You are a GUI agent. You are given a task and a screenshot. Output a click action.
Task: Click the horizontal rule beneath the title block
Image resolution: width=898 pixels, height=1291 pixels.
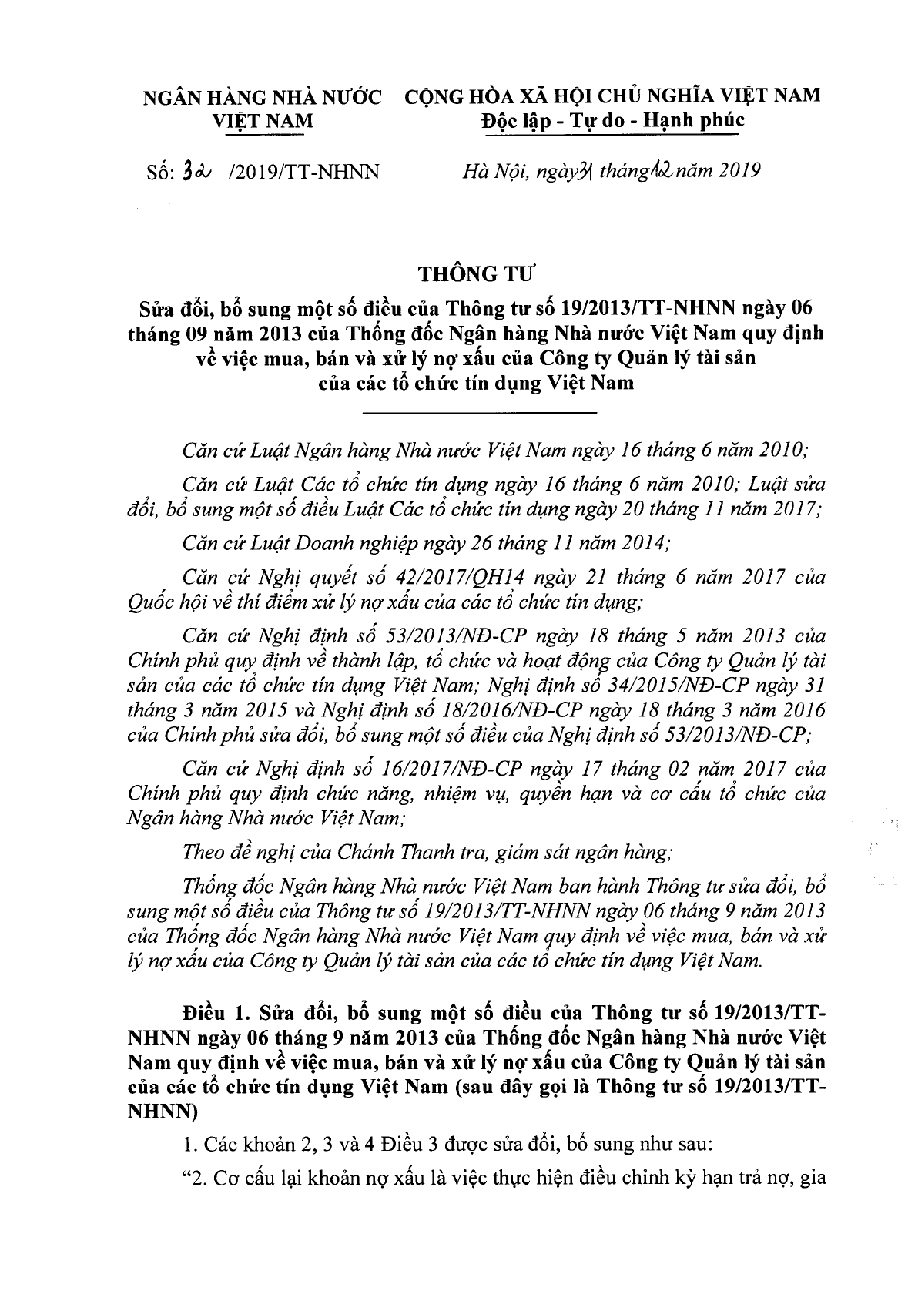tap(479, 415)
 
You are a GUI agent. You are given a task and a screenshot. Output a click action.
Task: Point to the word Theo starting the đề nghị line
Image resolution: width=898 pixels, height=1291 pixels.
tap(203, 852)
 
